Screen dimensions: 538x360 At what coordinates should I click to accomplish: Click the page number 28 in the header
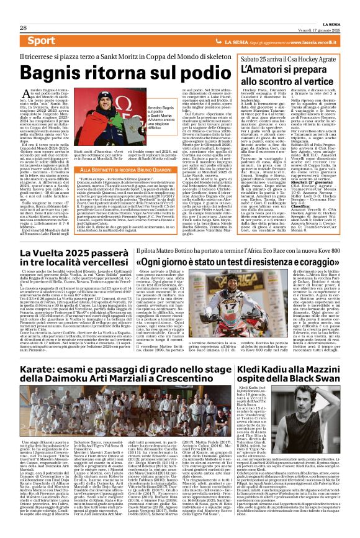coord(23,9)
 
